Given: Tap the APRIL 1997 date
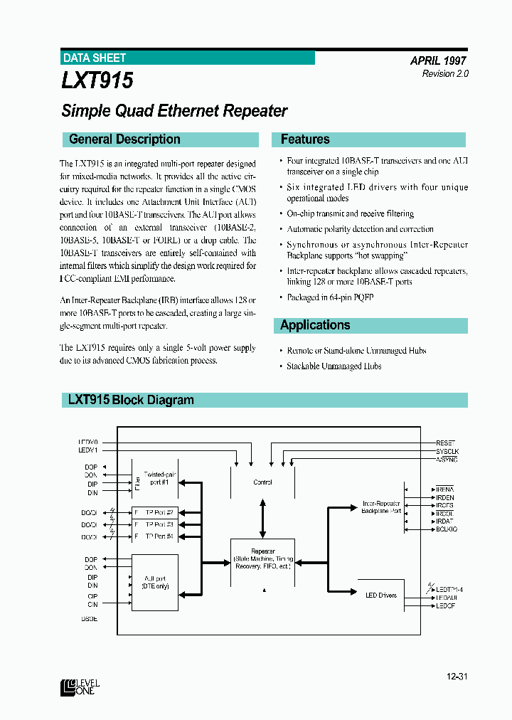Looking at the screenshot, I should point(438,61).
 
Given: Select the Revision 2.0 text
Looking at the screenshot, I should point(445,74).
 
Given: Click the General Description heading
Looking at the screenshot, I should point(124,139).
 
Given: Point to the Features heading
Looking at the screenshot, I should point(305,139).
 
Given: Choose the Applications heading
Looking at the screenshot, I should point(315,325).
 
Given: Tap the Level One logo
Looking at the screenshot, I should point(80,686).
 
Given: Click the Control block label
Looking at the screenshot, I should point(262,482).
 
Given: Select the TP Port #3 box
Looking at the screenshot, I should point(159,524).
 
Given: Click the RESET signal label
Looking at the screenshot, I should point(446,443).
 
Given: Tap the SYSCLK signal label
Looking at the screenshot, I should point(447,452).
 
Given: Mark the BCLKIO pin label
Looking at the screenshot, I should point(447,529).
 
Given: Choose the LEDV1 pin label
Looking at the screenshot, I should point(88,450).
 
